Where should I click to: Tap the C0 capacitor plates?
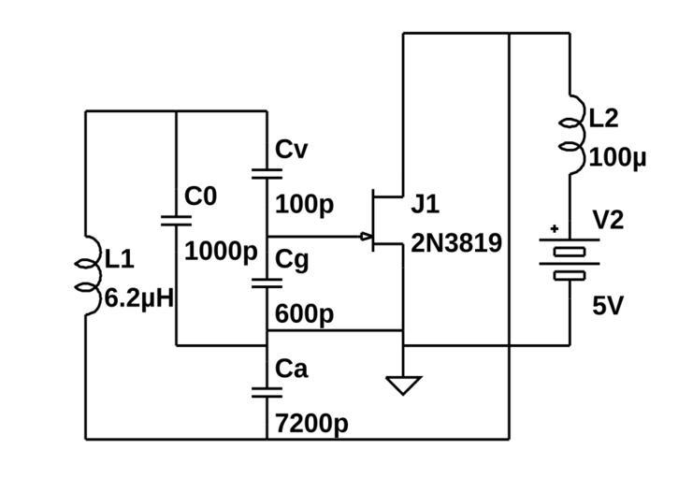[x=176, y=221]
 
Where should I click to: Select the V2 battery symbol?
[x=569, y=258]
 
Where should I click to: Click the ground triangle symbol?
[x=403, y=385]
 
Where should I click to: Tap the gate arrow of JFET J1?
[x=365, y=237]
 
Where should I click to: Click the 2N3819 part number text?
[x=456, y=243]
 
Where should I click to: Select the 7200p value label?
[x=311, y=424]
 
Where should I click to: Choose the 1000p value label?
[x=221, y=252]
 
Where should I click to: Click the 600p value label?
[x=304, y=314]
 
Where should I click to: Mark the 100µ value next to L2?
[x=618, y=157]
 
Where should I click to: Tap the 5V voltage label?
[x=608, y=306]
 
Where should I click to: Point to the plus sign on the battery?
[x=555, y=228]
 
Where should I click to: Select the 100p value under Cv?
[x=304, y=204]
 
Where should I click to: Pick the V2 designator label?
[x=609, y=220]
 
